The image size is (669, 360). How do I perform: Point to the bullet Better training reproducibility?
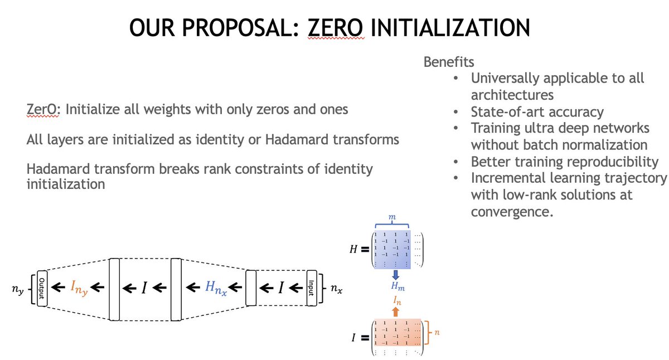pos(565,162)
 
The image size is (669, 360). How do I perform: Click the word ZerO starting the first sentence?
pos(45,109)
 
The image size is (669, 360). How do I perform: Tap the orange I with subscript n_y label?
pos(80,289)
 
